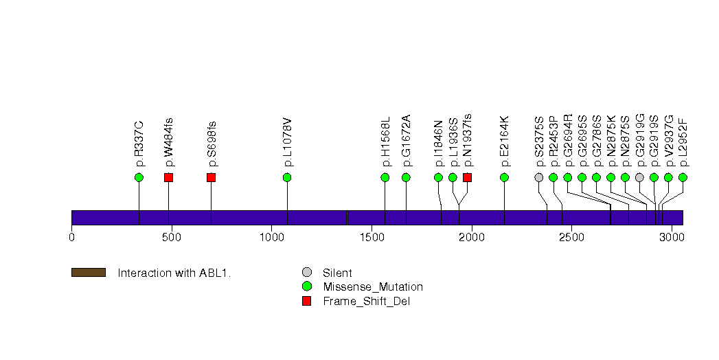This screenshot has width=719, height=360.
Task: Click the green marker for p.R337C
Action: tap(139, 177)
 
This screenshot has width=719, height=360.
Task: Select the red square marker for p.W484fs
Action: tap(168, 177)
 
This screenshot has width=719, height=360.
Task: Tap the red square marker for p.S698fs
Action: tap(211, 177)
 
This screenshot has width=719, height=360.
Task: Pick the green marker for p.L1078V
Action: tap(287, 177)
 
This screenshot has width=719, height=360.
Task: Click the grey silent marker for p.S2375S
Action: tap(539, 177)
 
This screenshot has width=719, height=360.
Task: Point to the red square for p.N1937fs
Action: tap(467, 177)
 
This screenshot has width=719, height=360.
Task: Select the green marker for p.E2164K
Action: tap(504, 177)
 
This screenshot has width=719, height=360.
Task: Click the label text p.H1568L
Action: tap(385, 142)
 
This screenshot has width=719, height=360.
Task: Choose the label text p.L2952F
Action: tap(683, 142)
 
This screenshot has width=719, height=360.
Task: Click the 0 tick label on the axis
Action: tap(71, 237)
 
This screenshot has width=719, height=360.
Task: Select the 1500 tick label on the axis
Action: tap(372, 237)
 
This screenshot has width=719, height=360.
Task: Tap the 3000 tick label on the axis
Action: tap(671, 237)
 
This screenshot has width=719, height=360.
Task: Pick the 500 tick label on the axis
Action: tap(171, 237)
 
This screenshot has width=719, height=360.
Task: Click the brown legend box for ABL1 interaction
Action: tap(88, 273)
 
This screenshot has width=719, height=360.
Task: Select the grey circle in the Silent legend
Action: tap(306, 273)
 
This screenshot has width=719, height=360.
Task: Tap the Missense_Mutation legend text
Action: tap(373, 286)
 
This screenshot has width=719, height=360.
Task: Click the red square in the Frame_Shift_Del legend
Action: tap(306, 300)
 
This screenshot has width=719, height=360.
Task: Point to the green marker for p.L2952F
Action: tap(683, 177)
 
